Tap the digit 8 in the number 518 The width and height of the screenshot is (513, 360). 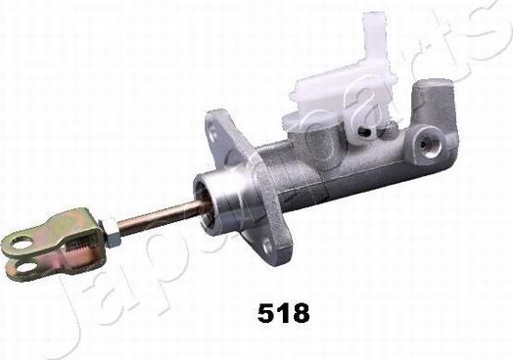(x=300, y=313)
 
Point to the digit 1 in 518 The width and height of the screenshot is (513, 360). (x=282, y=313)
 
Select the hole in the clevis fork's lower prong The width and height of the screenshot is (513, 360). (x=25, y=267)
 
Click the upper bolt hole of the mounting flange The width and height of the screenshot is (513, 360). (x=213, y=136)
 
